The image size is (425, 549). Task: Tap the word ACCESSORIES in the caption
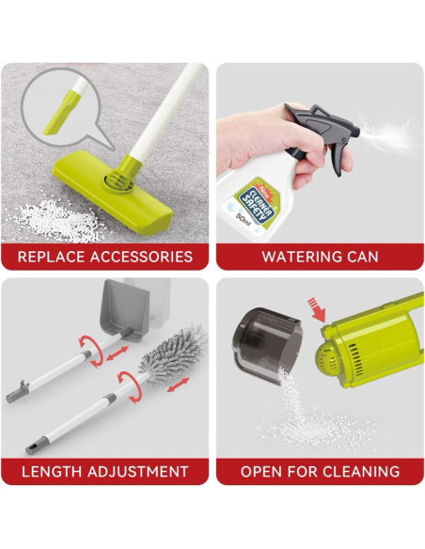point(141,257)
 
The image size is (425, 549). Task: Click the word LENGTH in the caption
point(52,472)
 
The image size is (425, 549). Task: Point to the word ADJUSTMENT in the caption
point(138,472)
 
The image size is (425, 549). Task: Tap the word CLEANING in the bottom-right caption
point(361,472)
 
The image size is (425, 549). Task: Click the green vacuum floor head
point(113,189)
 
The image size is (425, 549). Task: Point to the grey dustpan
point(125,310)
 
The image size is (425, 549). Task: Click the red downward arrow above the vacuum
point(317,309)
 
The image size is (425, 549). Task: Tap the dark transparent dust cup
point(267,346)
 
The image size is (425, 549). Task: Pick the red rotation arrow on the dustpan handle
point(92,352)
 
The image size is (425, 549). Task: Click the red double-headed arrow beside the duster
point(179,384)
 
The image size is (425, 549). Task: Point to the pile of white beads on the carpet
point(56,220)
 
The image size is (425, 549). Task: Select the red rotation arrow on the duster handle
point(129,387)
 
